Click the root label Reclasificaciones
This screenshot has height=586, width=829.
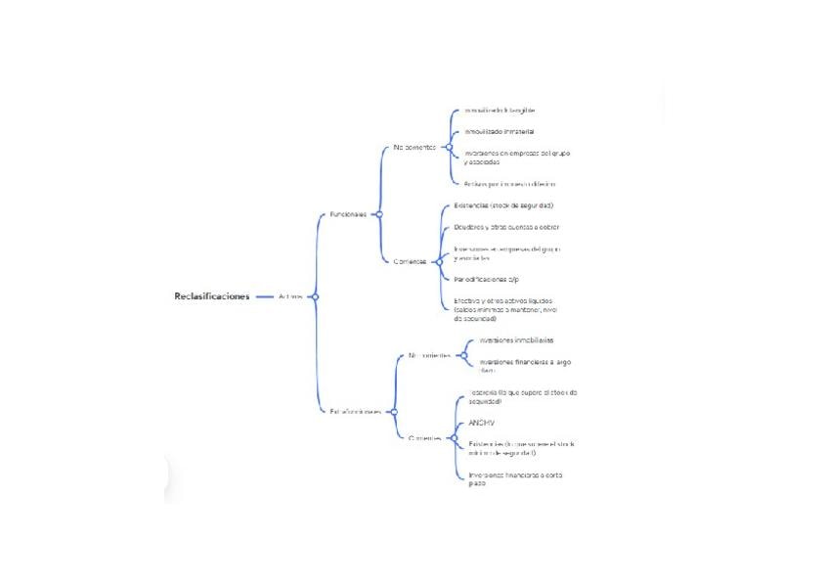click(211, 296)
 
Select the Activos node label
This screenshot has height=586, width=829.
click(290, 296)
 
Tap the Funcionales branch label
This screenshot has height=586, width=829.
click(348, 214)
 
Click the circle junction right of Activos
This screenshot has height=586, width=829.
click(316, 296)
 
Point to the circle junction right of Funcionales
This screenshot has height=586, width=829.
click(378, 214)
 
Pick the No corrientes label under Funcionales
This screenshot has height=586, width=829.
click(414, 148)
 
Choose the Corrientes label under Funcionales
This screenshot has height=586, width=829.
click(410, 262)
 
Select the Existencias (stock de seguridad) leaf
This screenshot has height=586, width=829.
click(503, 205)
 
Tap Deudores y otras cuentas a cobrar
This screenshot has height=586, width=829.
click(500, 227)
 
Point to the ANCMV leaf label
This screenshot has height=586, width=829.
click(482, 423)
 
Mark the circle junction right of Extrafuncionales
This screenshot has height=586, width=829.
click(393, 412)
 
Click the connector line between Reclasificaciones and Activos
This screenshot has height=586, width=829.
click(264, 296)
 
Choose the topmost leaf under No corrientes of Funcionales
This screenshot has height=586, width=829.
click(500, 111)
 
